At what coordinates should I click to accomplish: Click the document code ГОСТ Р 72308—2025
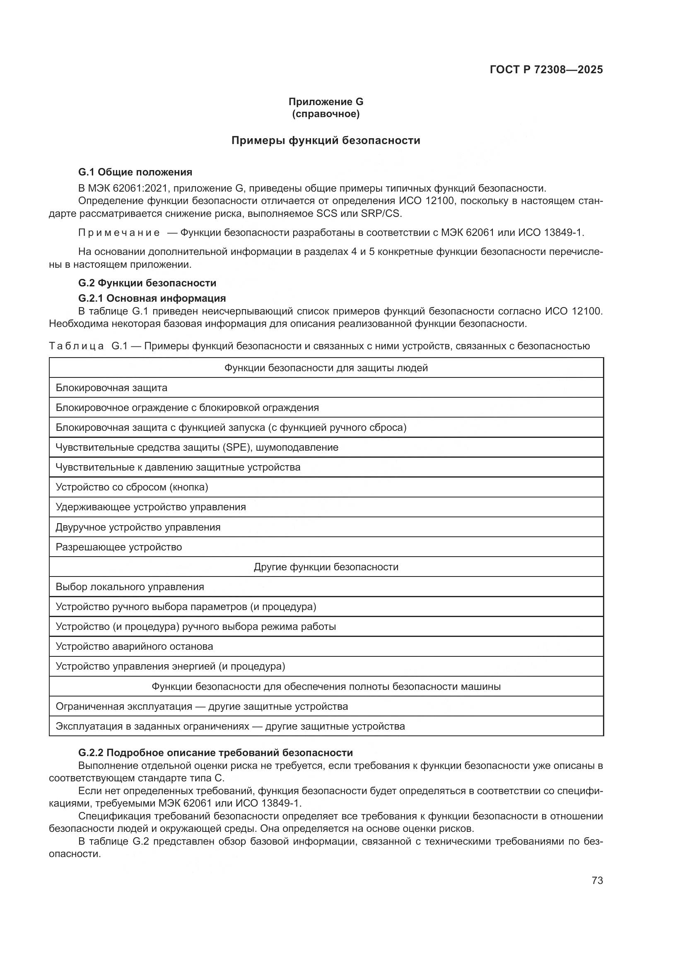(x=546, y=70)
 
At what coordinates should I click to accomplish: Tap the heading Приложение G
(x=326, y=102)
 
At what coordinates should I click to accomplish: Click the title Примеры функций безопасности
(x=326, y=140)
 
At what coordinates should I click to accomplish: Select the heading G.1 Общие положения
(x=135, y=172)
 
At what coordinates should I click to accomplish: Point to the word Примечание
(x=119, y=233)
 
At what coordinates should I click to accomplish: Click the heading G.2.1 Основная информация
(x=152, y=298)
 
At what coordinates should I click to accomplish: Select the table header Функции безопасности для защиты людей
(x=326, y=368)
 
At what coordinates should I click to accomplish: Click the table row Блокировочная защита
(x=111, y=388)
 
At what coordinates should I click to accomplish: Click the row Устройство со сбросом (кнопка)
(x=132, y=488)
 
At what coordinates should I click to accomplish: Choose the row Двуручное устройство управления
(x=138, y=527)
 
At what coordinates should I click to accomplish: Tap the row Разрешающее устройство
(x=118, y=547)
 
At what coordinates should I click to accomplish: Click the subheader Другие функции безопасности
(x=326, y=567)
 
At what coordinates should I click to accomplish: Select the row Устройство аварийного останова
(x=134, y=647)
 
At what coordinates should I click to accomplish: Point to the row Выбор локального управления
(x=130, y=587)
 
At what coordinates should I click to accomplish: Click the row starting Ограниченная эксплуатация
(x=202, y=706)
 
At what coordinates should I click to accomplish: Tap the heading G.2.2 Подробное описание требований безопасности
(x=215, y=753)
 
